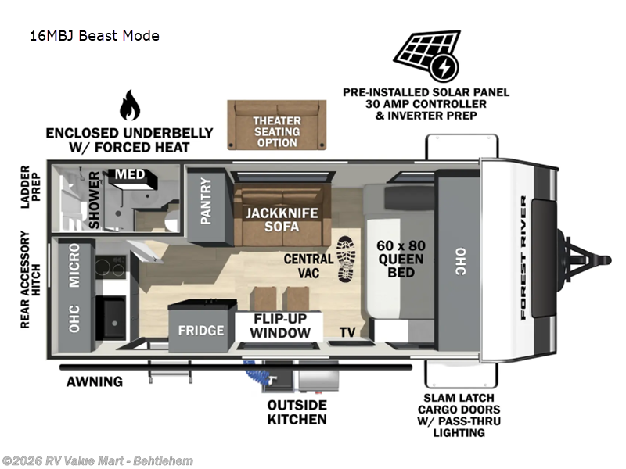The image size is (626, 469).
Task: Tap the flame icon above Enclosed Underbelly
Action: [x=128, y=106]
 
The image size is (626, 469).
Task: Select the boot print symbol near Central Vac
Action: [x=346, y=259]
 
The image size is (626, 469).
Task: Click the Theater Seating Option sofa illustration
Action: [x=276, y=124]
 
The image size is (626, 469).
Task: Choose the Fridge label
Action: [x=200, y=331]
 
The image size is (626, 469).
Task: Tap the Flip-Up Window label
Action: [x=280, y=326]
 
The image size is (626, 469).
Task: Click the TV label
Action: [x=348, y=332]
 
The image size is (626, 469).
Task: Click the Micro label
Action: [x=74, y=266]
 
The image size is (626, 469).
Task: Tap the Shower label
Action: [x=95, y=201]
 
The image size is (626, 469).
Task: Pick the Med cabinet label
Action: [x=130, y=174]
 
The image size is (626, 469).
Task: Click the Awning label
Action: [x=94, y=381]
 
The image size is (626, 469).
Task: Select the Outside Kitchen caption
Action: [x=297, y=412]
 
